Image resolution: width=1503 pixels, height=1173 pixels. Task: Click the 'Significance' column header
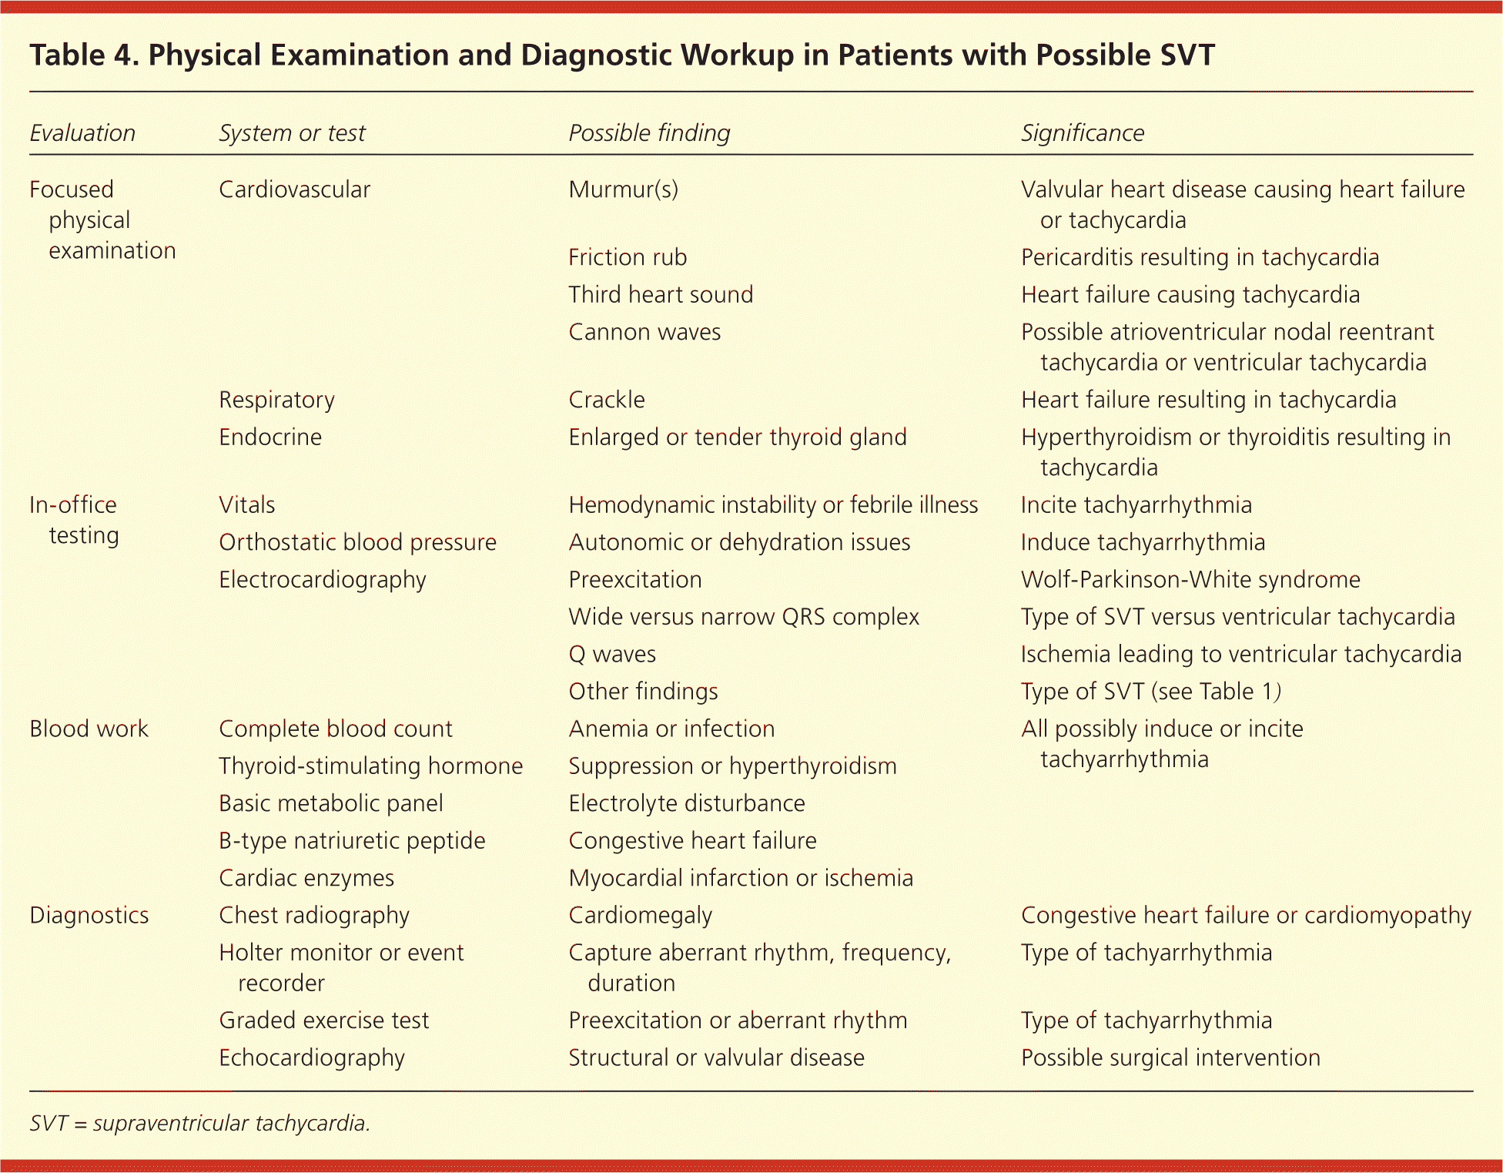[x=1082, y=133]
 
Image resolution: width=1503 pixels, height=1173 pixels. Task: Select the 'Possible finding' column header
[x=648, y=133]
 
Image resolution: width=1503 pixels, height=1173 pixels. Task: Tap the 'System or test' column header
[x=292, y=133]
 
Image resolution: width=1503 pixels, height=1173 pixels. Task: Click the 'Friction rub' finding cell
[x=627, y=257]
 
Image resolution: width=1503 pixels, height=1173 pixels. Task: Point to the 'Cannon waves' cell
[x=644, y=332]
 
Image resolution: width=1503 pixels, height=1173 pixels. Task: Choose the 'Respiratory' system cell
[x=276, y=400]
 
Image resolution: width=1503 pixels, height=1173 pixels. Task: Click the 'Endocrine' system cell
[x=269, y=437]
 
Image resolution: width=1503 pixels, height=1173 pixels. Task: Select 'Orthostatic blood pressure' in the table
[x=357, y=542]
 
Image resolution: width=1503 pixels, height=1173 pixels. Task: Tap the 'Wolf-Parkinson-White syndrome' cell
[x=1190, y=579]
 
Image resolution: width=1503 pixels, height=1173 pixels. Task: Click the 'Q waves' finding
[x=611, y=654]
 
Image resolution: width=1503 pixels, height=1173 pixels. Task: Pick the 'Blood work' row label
[x=89, y=729]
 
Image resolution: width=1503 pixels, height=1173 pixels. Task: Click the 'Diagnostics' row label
[x=89, y=915]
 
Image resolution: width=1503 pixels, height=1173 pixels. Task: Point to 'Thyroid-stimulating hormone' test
[x=370, y=766]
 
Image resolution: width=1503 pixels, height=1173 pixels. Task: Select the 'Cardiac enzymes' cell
[x=306, y=878]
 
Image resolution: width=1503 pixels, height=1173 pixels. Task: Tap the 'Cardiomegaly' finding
[x=640, y=915]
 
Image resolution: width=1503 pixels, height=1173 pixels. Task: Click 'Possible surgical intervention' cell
[x=1170, y=1057]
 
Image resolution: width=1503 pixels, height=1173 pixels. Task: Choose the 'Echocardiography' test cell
[x=311, y=1057]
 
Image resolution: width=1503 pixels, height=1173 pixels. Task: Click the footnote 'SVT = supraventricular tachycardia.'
[x=199, y=1123]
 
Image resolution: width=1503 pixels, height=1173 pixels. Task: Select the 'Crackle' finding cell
[x=606, y=400]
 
